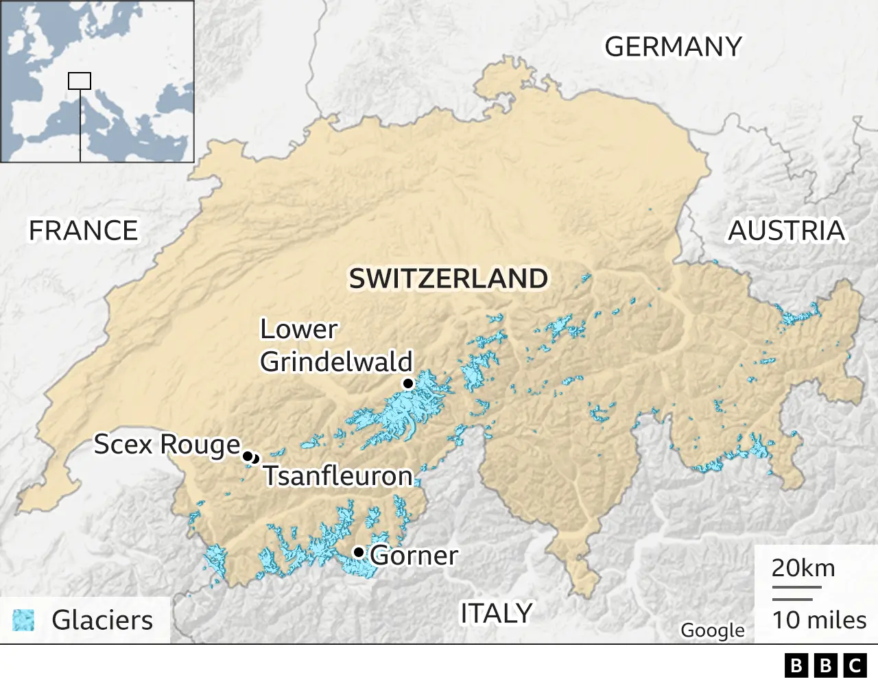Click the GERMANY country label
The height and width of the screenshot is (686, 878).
tap(673, 47)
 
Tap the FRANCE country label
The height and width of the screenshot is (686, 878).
tap(83, 230)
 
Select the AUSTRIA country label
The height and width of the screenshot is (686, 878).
tap(786, 230)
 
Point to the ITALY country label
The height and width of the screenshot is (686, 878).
tap(496, 613)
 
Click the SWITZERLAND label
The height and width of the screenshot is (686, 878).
tap(449, 279)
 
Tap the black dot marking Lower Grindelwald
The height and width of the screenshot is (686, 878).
tap(408, 383)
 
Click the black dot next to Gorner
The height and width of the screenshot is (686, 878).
tap(358, 552)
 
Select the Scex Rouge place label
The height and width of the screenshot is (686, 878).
tap(167, 445)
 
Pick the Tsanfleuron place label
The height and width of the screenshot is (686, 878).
tap(338, 475)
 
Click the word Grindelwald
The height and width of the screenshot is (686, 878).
tap(336, 362)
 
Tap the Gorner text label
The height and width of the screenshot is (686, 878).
tap(414, 555)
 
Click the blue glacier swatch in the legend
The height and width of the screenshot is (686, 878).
tap(23, 619)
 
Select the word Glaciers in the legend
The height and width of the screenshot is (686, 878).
tap(102, 620)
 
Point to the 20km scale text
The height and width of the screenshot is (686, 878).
tap(803, 568)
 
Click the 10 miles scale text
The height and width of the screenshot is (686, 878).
tap(819, 619)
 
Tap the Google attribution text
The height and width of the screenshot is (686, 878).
tap(712, 630)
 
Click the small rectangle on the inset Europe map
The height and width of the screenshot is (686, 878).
tap(80, 80)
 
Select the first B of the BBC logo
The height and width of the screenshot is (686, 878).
tap(796, 665)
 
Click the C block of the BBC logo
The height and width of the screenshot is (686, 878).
tap(855, 665)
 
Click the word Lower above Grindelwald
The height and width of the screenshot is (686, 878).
tap(298, 330)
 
